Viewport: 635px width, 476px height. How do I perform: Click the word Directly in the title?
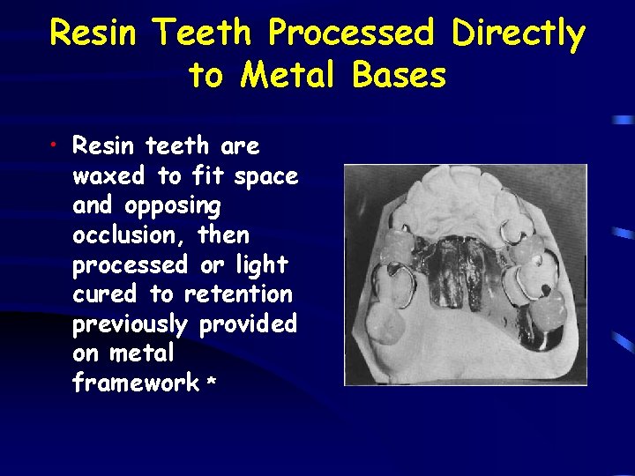pos(518,35)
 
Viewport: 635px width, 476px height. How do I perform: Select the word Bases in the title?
pos(399,76)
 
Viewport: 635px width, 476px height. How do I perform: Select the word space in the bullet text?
pos(265,177)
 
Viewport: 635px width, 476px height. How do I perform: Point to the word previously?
pos(130,325)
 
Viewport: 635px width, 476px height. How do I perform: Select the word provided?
pos(248,325)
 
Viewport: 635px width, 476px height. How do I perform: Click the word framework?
pos(136,383)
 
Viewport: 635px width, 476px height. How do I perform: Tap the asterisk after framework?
pos(211,383)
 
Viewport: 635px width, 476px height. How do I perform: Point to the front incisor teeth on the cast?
pos(463,190)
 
